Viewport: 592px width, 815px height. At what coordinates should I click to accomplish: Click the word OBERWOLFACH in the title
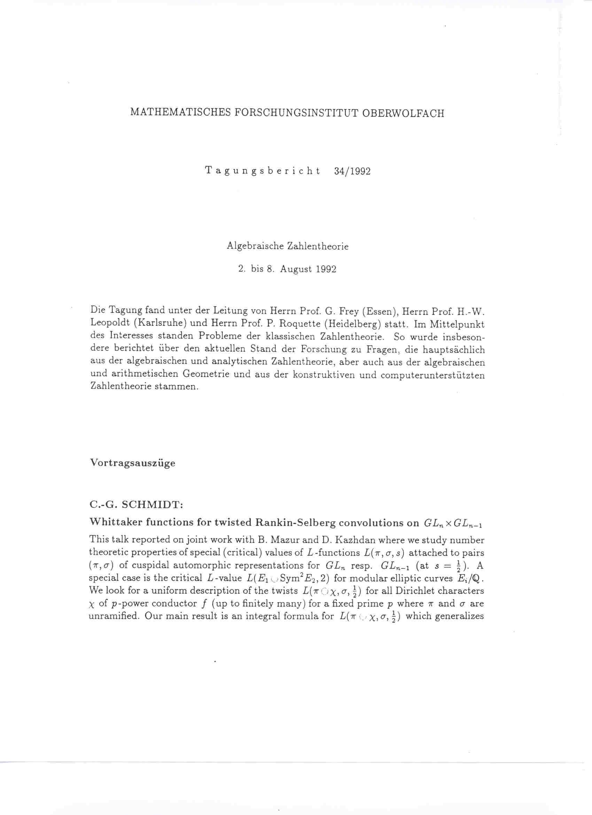[x=403, y=113]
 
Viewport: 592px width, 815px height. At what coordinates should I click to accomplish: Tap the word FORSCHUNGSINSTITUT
[x=296, y=113]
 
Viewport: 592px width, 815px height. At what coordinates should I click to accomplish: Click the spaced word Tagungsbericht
[x=263, y=171]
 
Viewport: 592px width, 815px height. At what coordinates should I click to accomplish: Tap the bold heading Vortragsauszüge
[x=132, y=462]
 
